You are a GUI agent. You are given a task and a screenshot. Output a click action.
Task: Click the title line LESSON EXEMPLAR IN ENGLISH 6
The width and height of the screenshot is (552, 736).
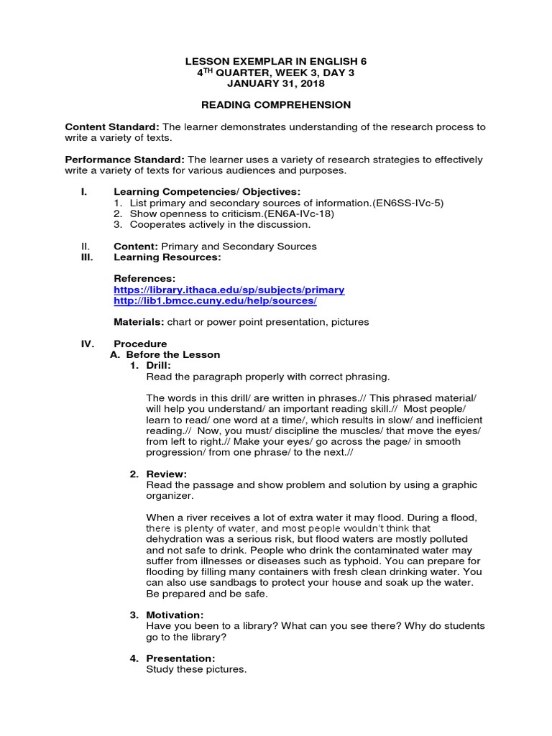point(276,61)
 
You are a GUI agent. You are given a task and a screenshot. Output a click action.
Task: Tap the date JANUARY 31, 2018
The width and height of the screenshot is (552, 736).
point(276,84)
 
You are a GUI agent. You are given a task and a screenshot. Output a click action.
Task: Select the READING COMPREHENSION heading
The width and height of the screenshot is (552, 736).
point(276,105)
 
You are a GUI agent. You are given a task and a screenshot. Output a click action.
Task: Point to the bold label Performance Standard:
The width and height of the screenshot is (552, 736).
point(125,159)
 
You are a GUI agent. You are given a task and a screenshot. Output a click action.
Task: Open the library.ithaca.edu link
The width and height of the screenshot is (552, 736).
point(229,290)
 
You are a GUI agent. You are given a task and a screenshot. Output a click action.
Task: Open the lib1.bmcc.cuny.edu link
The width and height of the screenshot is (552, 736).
point(215,300)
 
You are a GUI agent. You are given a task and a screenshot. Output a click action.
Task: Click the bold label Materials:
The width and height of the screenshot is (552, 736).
point(138,322)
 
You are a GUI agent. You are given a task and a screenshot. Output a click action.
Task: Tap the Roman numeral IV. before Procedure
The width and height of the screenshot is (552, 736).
point(88,344)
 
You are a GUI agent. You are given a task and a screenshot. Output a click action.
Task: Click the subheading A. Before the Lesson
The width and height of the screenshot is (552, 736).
point(165,354)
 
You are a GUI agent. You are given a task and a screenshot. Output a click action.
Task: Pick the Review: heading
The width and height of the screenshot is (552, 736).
point(166,474)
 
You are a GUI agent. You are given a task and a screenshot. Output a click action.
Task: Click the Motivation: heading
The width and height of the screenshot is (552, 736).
point(175,615)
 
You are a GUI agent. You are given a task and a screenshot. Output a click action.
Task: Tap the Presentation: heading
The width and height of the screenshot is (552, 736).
point(180,658)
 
